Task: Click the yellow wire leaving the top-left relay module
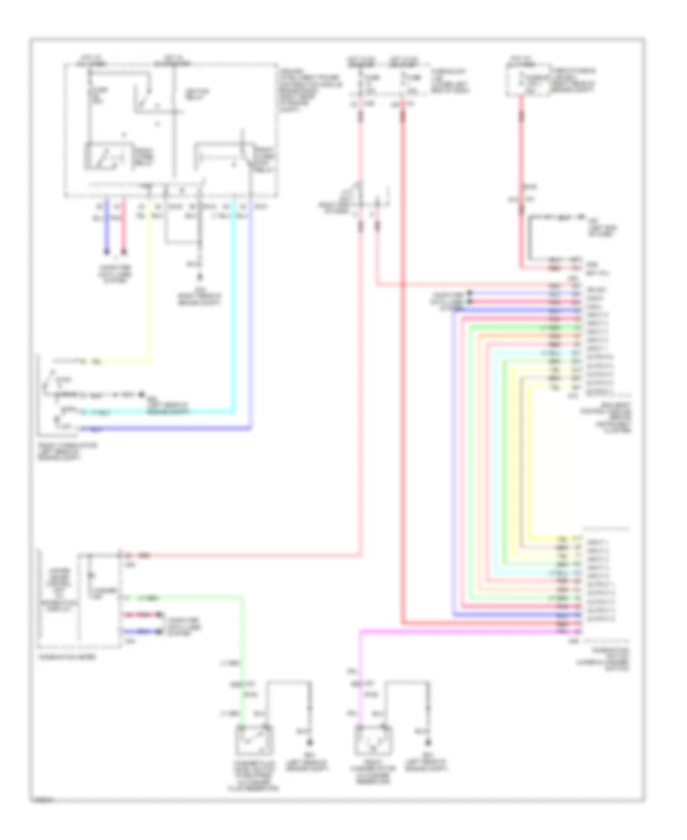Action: (150, 290)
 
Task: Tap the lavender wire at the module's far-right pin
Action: (252, 321)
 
